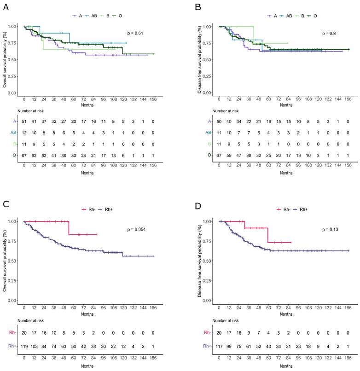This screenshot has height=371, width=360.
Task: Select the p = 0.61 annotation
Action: (135, 34)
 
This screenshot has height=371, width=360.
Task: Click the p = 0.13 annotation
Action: (330, 229)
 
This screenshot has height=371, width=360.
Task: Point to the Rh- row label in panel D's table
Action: (207, 331)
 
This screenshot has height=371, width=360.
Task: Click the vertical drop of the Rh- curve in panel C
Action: (69, 228)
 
